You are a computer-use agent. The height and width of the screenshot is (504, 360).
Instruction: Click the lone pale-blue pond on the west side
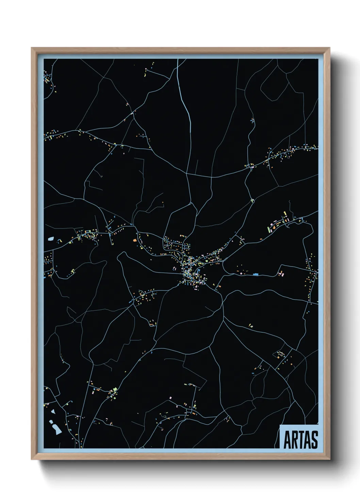[x=51, y=239]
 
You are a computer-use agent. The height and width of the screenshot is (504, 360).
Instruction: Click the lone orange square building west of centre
[x=134, y=240]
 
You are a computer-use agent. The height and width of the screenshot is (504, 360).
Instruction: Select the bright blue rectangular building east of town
[x=256, y=274]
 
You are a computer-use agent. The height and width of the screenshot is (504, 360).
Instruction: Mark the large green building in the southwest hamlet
[x=115, y=389]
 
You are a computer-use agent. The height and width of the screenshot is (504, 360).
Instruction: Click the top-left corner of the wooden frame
[x=32, y=48]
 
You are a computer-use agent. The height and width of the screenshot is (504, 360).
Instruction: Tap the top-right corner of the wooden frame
[x=329, y=48]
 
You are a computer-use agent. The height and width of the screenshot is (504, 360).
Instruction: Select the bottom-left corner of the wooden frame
[x=32, y=459]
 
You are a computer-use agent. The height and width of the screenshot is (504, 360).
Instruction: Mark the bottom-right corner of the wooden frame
[x=329, y=459]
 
